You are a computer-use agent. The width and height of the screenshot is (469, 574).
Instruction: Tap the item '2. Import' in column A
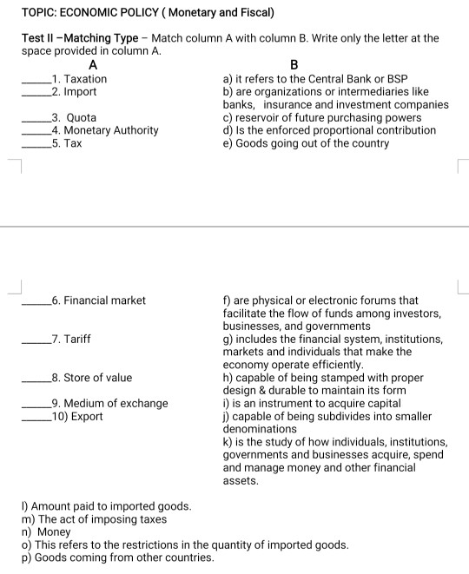tap(75, 91)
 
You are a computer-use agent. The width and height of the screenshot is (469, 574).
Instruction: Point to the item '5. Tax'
tap(68, 142)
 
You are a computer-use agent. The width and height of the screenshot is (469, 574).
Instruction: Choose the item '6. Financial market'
tap(99, 300)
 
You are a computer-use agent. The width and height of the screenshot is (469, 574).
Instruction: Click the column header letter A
tap(93, 64)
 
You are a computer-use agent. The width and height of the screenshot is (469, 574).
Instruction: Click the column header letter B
tap(293, 64)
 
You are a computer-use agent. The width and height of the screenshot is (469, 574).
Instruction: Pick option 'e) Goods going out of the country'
tap(306, 142)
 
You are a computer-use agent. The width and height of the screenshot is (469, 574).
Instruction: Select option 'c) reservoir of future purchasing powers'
tap(322, 117)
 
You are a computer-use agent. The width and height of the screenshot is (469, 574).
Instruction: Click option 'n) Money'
tap(47, 531)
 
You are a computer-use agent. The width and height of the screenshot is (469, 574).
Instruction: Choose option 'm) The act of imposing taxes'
tap(94, 519)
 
